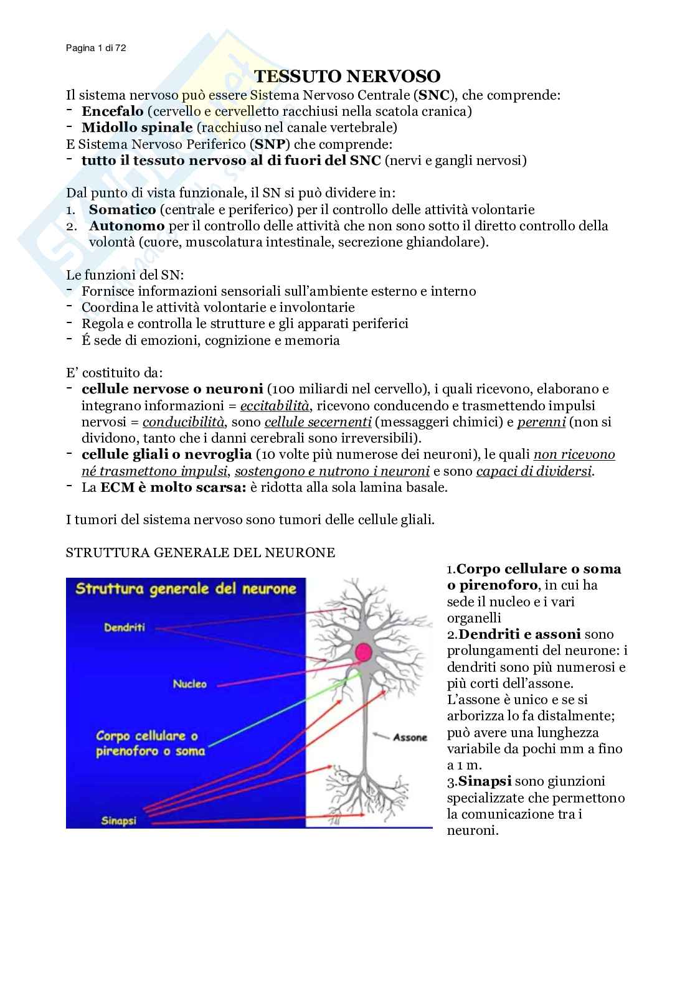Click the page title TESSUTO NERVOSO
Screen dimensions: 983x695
(347, 76)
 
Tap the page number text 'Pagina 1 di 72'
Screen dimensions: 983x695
(96, 48)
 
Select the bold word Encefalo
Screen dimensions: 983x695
(112, 111)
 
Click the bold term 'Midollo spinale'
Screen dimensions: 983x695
(137, 128)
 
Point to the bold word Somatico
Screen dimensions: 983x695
(122, 210)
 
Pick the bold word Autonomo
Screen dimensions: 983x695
(126, 226)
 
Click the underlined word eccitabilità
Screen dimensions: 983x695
(275, 406)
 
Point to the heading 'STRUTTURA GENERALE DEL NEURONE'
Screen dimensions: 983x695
(201, 553)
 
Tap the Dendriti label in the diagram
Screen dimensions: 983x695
(125, 628)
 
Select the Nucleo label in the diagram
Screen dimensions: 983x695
(189, 684)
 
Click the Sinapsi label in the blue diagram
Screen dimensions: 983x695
(118, 821)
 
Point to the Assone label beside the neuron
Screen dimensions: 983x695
(410, 737)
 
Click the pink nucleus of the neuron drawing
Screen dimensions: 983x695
(363, 652)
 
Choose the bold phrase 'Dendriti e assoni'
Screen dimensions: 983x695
(519, 634)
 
